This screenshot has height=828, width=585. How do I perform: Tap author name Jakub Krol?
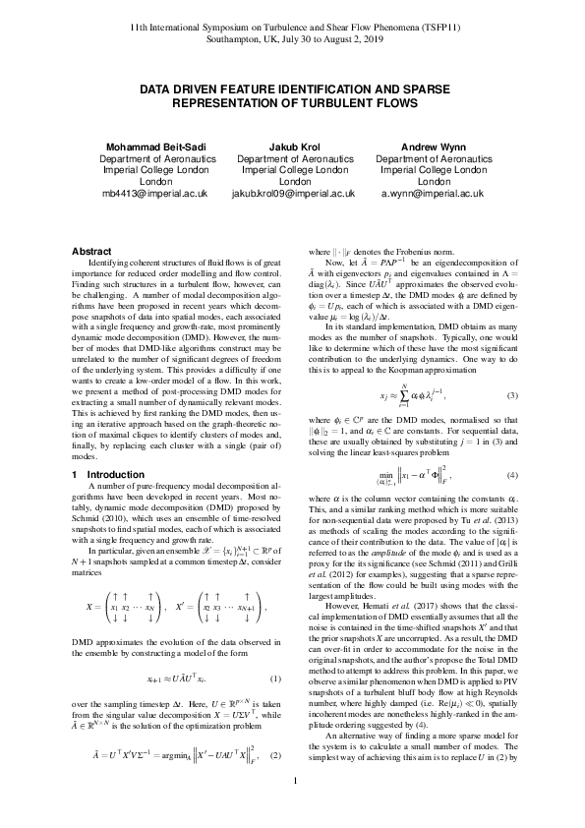(x=292, y=148)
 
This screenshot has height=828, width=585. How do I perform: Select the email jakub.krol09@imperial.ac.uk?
(x=292, y=195)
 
